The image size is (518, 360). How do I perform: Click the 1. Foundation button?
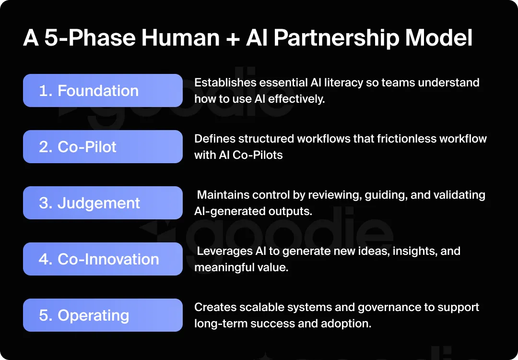point(103,91)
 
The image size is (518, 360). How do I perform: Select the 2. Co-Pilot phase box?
point(103,147)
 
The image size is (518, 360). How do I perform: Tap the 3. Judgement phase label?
point(103,203)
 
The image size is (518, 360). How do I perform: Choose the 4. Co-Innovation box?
point(103,259)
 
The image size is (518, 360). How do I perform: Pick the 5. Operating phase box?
point(103,315)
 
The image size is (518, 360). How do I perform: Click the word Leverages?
point(224,251)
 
